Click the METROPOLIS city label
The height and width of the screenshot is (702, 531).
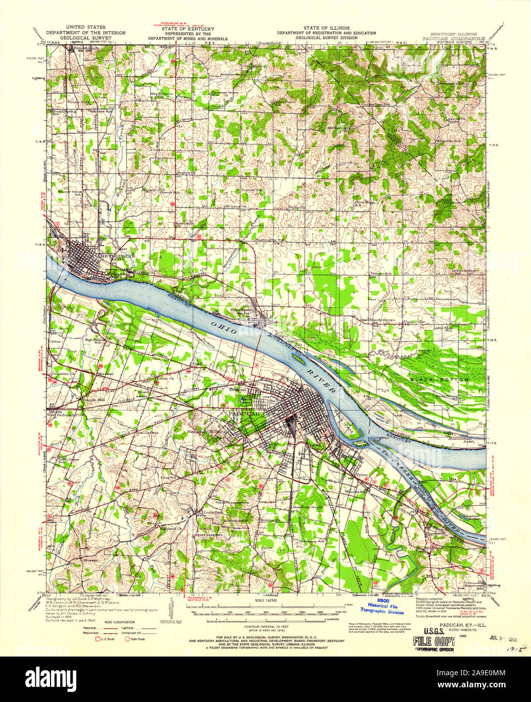pyautogui.click(x=117, y=256)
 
